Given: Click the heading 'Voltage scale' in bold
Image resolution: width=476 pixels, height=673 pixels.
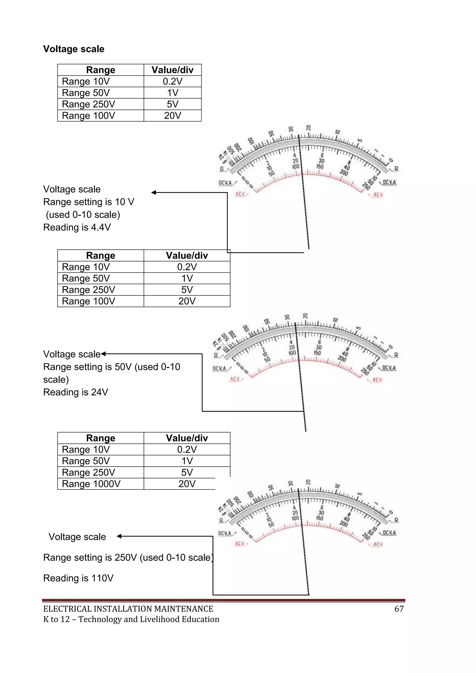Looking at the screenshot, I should [x=74, y=49].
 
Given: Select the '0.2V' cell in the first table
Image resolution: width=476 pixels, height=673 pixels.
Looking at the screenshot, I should [x=172, y=81].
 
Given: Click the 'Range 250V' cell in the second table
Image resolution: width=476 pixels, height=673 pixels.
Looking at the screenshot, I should [x=88, y=290].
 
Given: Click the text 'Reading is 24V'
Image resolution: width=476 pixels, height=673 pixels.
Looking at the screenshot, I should [x=76, y=392].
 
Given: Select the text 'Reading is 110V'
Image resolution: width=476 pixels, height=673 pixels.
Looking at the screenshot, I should [x=78, y=578].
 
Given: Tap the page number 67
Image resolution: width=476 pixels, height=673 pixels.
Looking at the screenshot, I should [x=399, y=609].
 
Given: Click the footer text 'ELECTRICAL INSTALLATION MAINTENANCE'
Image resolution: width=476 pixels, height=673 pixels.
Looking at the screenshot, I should [x=128, y=609].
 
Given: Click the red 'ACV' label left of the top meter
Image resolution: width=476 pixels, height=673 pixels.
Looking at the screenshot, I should [x=240, y=194].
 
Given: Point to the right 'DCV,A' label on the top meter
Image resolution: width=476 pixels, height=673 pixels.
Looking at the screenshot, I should [x=389, y=182].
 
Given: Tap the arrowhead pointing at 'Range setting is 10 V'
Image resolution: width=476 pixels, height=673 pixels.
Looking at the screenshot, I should [x=154, y=192].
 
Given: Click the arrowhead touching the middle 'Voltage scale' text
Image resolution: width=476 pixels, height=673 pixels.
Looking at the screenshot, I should [x=103, y=354].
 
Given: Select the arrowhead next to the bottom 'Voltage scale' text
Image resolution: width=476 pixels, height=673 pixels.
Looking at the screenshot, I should [x=119, y=536].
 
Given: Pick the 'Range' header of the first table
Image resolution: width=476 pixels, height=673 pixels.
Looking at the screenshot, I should [x=101, y=70].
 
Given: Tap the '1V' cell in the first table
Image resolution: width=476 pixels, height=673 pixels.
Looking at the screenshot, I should [x=172, y=93].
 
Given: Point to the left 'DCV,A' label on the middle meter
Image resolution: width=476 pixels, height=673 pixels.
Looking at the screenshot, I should [x=220, y=368].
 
